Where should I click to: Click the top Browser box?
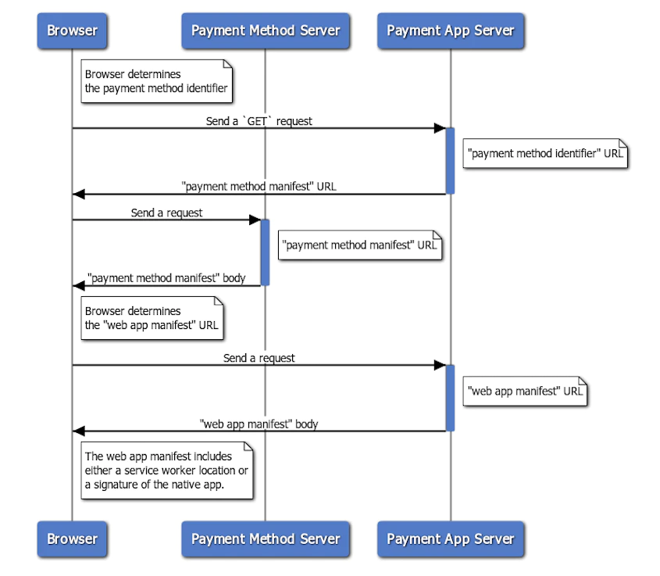pyautogui.click(x=72, y=31)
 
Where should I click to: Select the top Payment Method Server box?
pyautogui.click(x=266, y=31)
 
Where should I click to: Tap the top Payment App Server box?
pyautogui.click(x=451, y=31)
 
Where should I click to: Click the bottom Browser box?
pyautogui.click(x=72, y=539)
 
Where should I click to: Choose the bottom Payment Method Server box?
pyautogui.click(x=266, y=539)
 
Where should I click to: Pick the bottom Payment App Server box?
pyautogui.click(x=451, y=539)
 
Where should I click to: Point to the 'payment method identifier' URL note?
pyautogui.click(x=546, y=153)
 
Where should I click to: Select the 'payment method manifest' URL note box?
pyautogui.click(x=361, y=245)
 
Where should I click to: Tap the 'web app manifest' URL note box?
pyautogui.click(x=525, y=391)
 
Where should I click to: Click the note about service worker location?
pyautogui.click(x=167, y=470)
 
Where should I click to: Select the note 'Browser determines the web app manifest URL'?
pyautogui.click(x=152, y=318)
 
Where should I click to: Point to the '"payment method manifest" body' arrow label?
pyautogui.click(x=166, y=277)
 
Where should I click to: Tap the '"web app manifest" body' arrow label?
pyautogui.click(x=259, y=424)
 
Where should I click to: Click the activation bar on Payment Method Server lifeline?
pyautogui.click(x=265, y=252)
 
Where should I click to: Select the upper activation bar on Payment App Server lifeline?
pyautogui.click(x=450, y=160)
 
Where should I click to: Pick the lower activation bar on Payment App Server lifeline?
pyautogui.click(x=450, y=397)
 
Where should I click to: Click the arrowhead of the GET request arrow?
pyautogui.click(x=440, y=127)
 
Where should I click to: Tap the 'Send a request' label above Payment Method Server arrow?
pyautogui.click(x=166, y=213)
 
